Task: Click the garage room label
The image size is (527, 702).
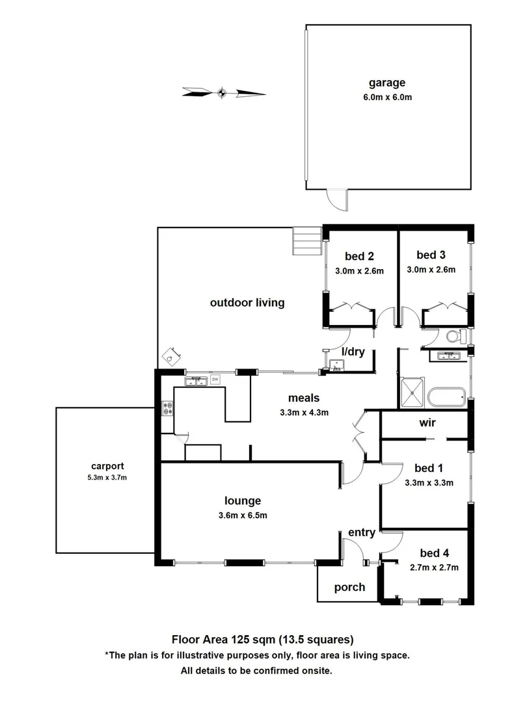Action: click(387, 83)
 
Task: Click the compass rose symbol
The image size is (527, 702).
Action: click(221, 93)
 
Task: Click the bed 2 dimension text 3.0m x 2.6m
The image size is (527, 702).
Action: click(360, 270)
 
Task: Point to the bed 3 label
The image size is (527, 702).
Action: click(431, 255)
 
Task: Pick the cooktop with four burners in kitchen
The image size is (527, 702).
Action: click(167, 409)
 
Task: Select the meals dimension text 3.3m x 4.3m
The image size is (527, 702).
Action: click(304, 412)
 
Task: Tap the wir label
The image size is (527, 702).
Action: click(427, 423)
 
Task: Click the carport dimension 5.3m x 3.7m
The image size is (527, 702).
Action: click(107, 478)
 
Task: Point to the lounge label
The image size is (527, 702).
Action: click(243, 500)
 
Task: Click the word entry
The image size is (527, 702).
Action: click(362, 533)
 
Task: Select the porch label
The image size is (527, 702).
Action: click(349, 588)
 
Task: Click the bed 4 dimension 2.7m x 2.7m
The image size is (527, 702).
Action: click(435, 567)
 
